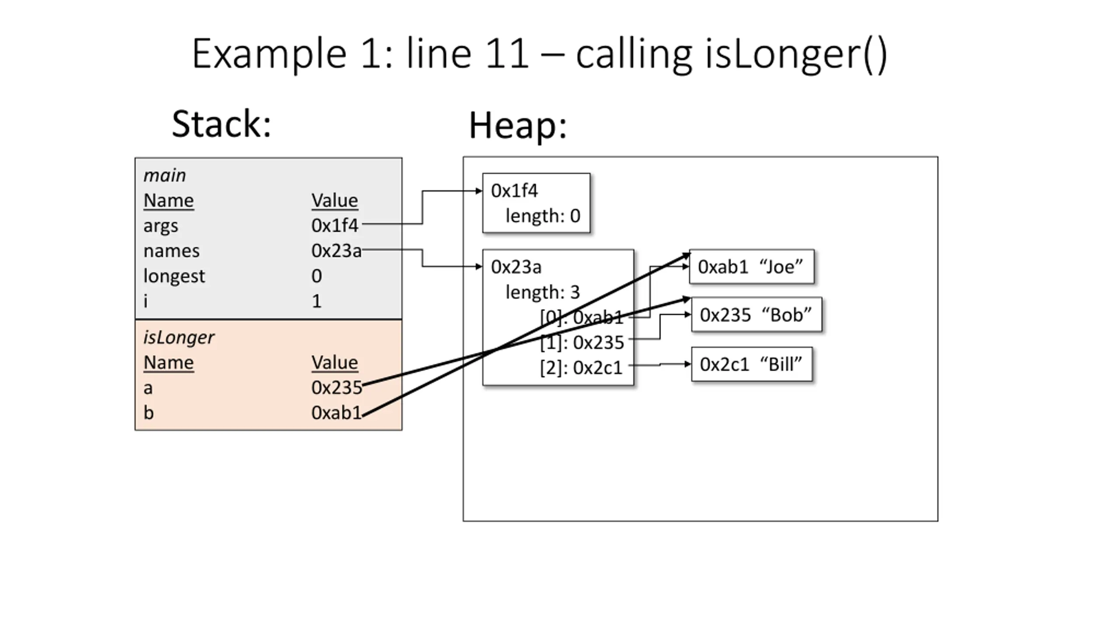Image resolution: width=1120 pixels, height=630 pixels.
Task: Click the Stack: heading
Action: click(x=221, y=124)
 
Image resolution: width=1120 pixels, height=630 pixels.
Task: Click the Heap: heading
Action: click(x=518, y=126)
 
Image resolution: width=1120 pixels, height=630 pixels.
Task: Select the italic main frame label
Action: click(x=164, y=175)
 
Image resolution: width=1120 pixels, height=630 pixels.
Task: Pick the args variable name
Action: click(x=161, y=226)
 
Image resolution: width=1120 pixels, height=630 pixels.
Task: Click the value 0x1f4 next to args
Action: click(x=335, y=226)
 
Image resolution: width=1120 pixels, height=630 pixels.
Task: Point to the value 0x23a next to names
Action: click(x=336, y=251)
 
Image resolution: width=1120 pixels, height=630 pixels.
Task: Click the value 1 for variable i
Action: click(x=317, y=301)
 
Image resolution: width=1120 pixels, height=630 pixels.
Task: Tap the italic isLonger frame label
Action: click(x=179, y=338)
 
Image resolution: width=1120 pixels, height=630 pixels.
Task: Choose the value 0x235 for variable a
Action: click(x=337, y=388)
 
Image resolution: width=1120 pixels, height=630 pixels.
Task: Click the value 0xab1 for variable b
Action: click(x=336, y=413)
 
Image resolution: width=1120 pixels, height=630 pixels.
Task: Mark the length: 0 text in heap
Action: click(x=543, y=216)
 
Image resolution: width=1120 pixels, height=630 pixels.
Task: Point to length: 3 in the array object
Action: click(x=542, y=292)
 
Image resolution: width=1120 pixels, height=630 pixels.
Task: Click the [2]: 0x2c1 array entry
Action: click(x=581, y=368)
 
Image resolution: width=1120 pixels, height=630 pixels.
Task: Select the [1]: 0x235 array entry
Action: click(x=582, y=343)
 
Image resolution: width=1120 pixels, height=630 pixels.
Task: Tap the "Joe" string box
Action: click(x=752, y=267)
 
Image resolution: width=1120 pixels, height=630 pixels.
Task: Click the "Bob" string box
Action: click(x=756, y=315)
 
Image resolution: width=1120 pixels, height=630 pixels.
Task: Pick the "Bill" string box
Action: click(x=752, y=364)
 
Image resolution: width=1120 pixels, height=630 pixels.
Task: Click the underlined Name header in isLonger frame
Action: click(x=168, y=363)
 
